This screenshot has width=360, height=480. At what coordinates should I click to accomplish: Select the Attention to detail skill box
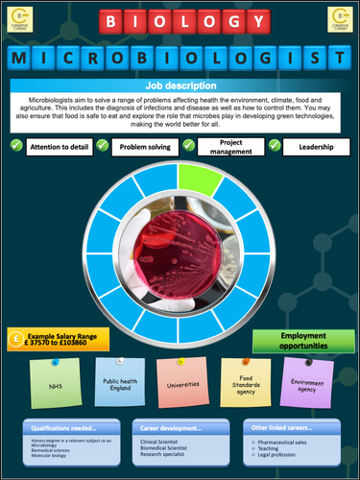[x=61, y=147]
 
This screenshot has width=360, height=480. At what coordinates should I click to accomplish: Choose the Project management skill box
[x=230, y=147]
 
